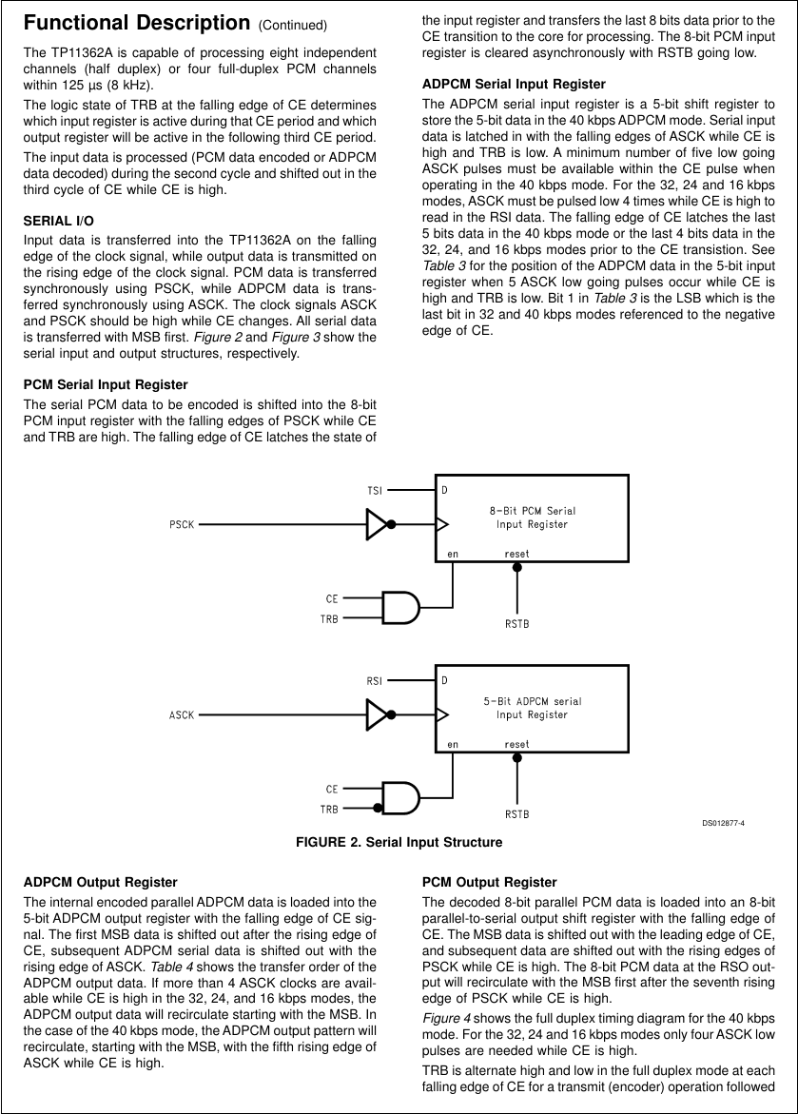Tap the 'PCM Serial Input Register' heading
tap(105, 384)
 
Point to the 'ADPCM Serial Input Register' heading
tap(513, 84)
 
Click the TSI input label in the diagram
tap(375, 490)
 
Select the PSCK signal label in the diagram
tap(182, 524)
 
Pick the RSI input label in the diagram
tap(375, 680)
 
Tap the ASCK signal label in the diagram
tap(182, 713)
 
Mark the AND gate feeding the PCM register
tap(400, 607)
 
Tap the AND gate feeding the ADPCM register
tap(400, 797)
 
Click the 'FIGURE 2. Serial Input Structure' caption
tap(399, 842)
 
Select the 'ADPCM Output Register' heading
tap(100, 883)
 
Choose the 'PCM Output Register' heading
tap(489, 883)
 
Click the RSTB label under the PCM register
tap(516, 624)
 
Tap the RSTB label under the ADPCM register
tap(516, 814)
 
